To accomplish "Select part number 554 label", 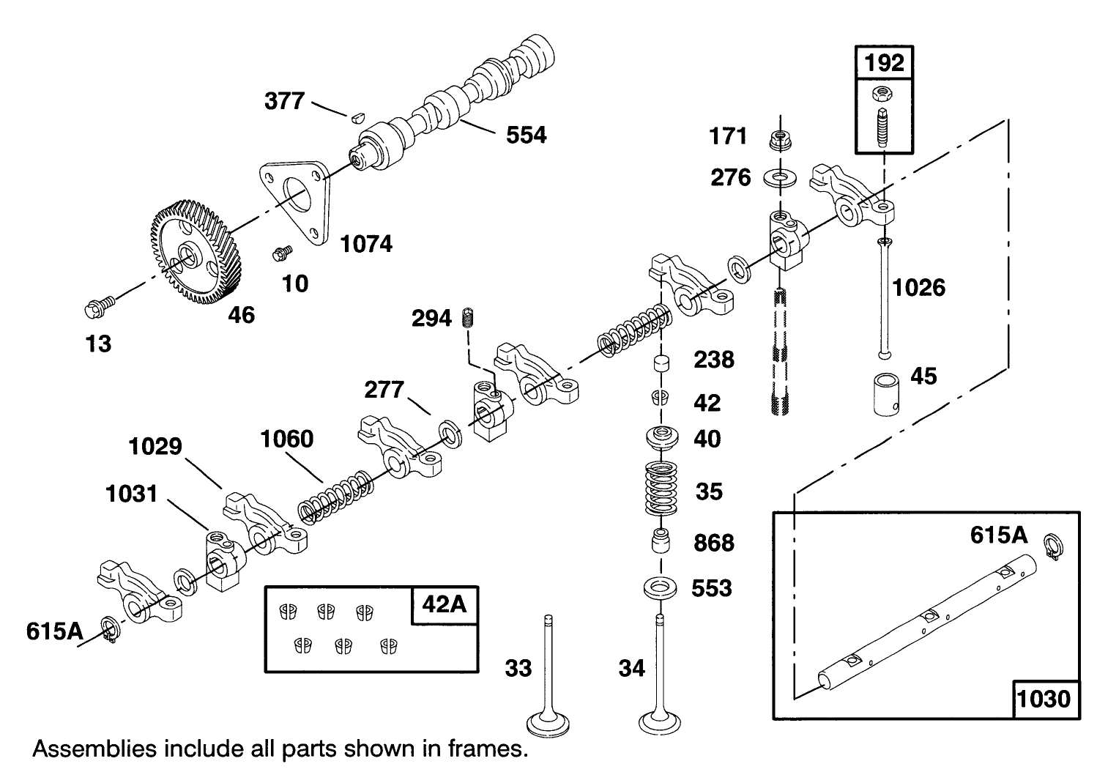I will click(526, 135).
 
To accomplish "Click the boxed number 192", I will click(885, 62).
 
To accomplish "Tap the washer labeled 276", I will click(780, 177).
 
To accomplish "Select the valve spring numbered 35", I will click(663, 489).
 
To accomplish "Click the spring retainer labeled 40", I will click(663, 439).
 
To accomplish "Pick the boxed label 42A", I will click(444, 606).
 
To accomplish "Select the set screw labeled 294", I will click(468, 319).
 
